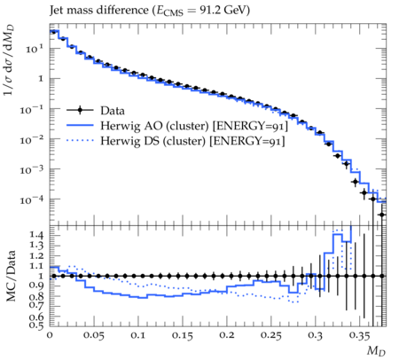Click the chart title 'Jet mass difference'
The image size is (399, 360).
click(99, 11)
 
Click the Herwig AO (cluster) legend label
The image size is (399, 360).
click(194, 126)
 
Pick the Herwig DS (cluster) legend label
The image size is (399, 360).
click(192, 141)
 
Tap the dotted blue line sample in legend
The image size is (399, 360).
click(80, 141)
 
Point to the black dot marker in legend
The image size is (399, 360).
click(80, 111)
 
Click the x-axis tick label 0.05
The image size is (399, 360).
click(94, 335)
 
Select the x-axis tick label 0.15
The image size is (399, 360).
click(183, 335)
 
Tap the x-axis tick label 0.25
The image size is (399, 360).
click(271, 335)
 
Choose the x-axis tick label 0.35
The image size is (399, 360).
click(360, 335)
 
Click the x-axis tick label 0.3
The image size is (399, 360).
click(316, 335)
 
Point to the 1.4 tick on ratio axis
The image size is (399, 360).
click(37, 235)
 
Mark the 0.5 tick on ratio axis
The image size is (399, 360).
click(37, 325)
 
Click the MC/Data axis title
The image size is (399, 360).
click(11, 276)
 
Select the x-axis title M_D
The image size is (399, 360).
click(376, 351)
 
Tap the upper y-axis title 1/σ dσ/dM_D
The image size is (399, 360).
click(10, 60)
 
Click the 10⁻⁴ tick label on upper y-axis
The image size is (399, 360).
click(32, 200)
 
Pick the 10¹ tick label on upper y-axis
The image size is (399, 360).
click(35, 48)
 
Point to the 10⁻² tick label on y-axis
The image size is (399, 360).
click(32, 139)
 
